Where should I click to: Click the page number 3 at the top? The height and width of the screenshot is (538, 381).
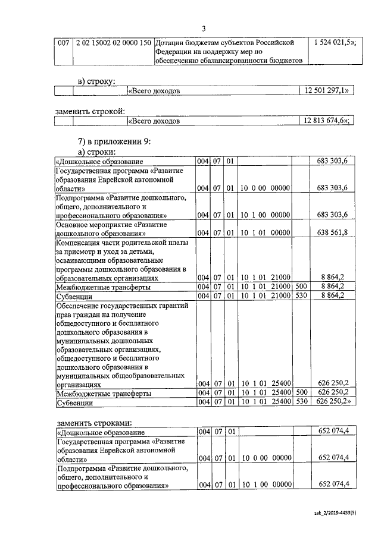tap(204, 29)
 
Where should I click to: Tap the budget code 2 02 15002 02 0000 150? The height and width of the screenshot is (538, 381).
tap(112, 43)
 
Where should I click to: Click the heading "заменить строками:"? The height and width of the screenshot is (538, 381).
tap(93, 423)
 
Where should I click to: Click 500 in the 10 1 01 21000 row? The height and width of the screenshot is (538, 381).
tap(301, 287)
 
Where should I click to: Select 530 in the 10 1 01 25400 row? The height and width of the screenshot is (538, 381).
tap(301, 402)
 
